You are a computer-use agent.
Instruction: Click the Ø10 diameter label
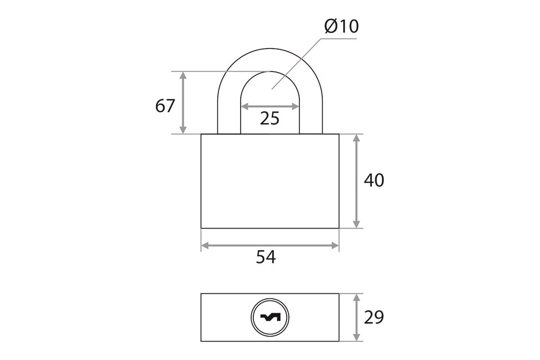click(x=342, y=26)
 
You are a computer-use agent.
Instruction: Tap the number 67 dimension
click(x=165, y=106)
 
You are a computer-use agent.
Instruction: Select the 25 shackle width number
click(x=270, y=118)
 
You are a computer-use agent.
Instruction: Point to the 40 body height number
click(x=374, y=180)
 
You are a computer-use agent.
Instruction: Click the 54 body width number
click(x=265, y=257)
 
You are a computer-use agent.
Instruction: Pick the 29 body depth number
click(x=374, y=317)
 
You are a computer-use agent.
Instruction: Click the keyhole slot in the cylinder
click(x=270, y=317)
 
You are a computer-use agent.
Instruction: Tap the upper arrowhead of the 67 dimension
click(x=183, y=76)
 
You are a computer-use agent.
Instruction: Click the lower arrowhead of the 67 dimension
click(x=183, y=130)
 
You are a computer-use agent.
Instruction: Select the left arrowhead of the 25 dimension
click(x=245, y=106)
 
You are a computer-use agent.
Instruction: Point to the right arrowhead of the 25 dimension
click(x=295, y=106)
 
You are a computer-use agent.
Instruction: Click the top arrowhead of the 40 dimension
click(x=356, y=138)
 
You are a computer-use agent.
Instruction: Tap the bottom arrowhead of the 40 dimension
click(x=356, y=224)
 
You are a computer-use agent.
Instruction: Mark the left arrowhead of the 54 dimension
click(x=205, y=246)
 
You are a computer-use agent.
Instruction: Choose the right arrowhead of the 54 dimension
click(x=335, y=246)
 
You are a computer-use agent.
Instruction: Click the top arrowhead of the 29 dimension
click(x=356, y=297)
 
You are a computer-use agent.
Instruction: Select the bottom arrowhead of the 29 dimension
click(x=356, y=337)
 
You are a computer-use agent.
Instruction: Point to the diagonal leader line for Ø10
click(x=296, y=64)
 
